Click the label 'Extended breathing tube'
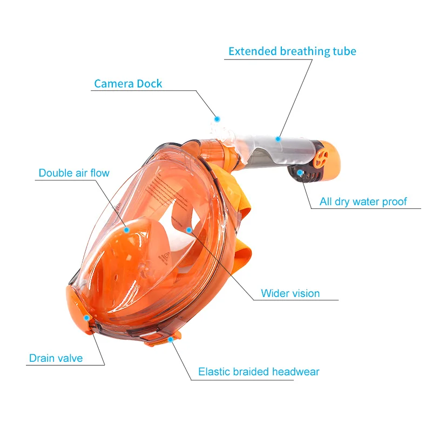click(292, 51)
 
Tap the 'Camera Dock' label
click(128, 83)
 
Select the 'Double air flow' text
click(74, 173)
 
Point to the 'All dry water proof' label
click(363, 202)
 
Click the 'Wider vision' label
click(290, 293)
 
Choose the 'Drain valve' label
click(56, 357)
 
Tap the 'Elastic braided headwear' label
click(259, 372)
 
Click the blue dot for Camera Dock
click(217, 118)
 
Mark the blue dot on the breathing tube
click(279, 138)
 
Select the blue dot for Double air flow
click(126, 229)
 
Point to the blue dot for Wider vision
click(189, 230)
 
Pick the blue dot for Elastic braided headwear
click(171, 339)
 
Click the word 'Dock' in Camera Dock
click(149, 83)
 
